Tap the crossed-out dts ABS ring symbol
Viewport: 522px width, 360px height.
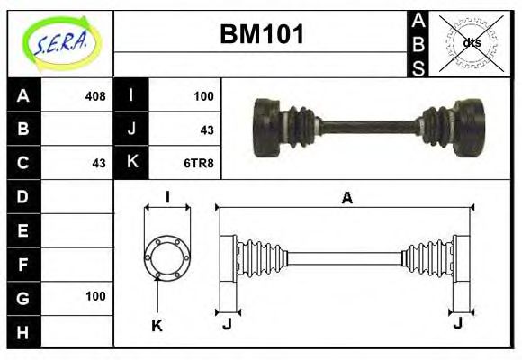[471, 43]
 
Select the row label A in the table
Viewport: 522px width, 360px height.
[23, 95]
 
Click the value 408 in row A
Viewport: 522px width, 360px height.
[94, 95]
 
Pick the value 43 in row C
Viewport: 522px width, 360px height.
[99, 163]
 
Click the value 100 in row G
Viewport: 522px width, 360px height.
[95, 296]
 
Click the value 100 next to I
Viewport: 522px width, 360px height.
[203, 95]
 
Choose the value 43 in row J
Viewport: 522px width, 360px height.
[206, 130]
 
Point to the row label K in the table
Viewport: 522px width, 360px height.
[131, 163]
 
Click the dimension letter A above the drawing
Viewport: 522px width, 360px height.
[346, 198]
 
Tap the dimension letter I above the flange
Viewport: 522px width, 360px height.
[167, 198]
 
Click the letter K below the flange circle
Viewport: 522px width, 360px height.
[157, 326]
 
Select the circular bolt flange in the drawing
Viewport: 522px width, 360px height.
[167, 256]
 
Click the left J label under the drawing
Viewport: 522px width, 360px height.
[227, 324]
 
